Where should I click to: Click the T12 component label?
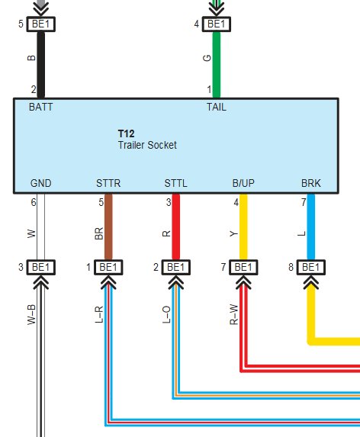[126, 133]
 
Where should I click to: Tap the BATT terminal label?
[40, 107]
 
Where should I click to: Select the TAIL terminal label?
[216, 107]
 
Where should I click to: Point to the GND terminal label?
[40, 183]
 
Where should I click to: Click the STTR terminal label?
[108, 183]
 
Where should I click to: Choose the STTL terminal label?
[176, 183]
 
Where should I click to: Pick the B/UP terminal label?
[243, 183]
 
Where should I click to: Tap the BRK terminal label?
[311, 183]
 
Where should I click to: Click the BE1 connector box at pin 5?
[41, 24]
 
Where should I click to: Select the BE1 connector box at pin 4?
[217, 24]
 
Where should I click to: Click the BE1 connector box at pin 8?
[311, 267]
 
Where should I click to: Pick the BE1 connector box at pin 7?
[243, 267]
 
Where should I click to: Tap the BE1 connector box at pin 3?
[41, 267]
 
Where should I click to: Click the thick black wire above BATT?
[41, 65]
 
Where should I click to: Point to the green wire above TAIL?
[217, 65]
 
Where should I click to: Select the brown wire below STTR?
[108, 227]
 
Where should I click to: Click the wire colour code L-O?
[166, 315]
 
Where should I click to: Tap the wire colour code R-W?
[234, 315]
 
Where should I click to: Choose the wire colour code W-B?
[31, 315]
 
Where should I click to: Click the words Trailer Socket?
[147, 145]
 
